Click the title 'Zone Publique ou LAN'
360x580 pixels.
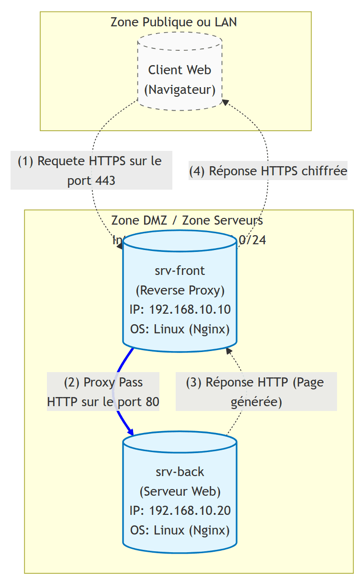coord(174,22)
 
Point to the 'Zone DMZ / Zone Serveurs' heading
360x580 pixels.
coord(187,221)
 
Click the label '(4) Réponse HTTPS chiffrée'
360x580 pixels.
coord(268,171)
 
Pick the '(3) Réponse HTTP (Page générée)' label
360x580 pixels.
coord(256,392)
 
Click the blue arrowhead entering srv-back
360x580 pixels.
coord(129,432)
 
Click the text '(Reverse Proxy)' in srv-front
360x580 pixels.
coord(180,290)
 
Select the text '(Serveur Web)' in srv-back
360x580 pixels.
coord(180,491)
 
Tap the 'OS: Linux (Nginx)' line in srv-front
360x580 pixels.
coord(180,330)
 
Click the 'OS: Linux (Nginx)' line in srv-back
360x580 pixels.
coord(180,531)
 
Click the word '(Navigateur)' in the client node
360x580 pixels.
coord(180,90)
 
